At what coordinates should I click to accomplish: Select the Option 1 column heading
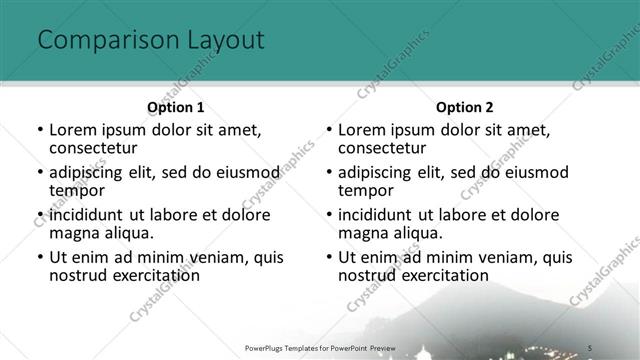click(175, 106)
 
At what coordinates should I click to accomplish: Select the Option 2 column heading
click(464, 106)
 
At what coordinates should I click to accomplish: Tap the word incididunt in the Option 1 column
click(87, 215)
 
